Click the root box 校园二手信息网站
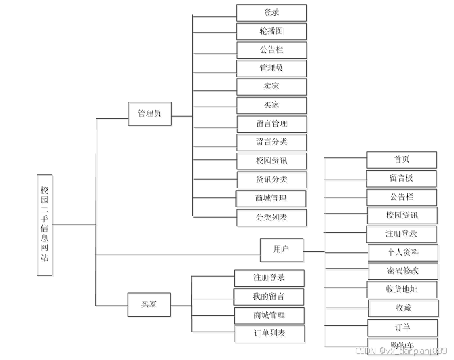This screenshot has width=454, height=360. [x=45, y=224]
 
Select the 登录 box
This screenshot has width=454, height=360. [x=271, y=13]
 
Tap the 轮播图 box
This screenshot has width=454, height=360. [x=271, y=31]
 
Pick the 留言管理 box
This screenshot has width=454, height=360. [x=271, y=124]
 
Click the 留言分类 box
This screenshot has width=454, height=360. [x=271, y=142]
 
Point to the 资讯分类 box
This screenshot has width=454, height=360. [x=271, y=180]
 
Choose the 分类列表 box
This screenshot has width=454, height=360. [x=271, y=217]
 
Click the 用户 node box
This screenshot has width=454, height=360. [x=281, y=249]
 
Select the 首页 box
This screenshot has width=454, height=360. [x=402, y=160]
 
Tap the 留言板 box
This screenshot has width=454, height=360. [x=402, y=178]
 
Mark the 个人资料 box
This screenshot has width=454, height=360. [x=402, y=252]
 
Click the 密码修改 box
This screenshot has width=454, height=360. [x=402, y=271]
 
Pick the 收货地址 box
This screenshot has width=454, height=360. [x=402, y=289]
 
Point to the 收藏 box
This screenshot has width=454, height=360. [x=403, y=308]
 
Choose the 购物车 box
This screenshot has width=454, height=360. [x=402, y=345]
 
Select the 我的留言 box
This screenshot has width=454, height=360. [x=269, y=296]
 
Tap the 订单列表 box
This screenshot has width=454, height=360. [x=269, y=334]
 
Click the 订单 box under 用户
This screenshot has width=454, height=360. [x=402, y=327]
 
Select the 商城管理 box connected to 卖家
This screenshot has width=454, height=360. [x=269, y=315]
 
